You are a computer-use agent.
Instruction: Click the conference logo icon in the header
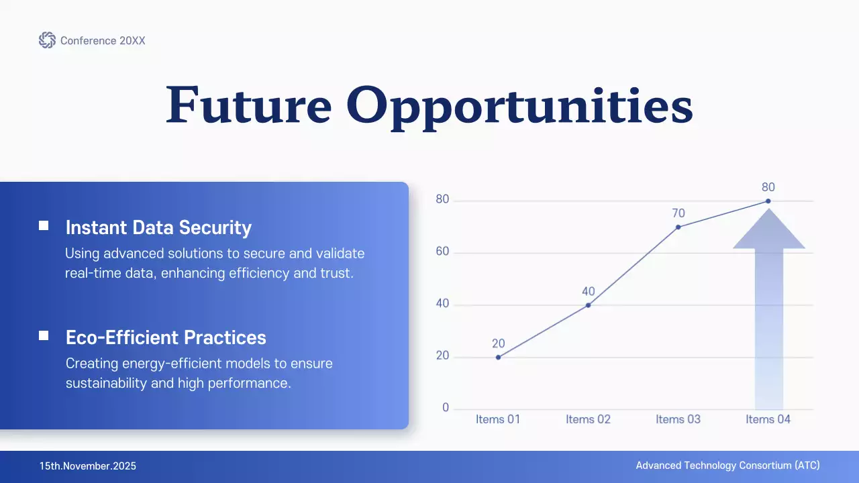[x=47, y=40]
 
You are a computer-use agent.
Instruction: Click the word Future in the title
[x=248, y=105]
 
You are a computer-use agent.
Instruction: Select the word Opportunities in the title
[x=519, y=105]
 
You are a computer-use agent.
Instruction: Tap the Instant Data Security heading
[x=158, y=227]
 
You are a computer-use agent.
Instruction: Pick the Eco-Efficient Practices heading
[x=166, y=337]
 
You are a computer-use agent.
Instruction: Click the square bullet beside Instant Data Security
[x=44, y=226]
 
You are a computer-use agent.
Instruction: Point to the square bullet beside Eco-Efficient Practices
[x=44, y=335]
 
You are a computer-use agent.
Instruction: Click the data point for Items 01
[x=498, y=357]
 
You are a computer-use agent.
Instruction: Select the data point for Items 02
[x=589, y=305]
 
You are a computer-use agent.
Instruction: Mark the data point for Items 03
[x=678, y=227]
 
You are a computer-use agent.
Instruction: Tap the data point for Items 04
[x=768, y=201]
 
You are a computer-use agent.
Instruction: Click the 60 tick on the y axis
[x=442, y=252]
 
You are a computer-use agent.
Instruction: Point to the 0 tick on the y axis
[x=446, y=408]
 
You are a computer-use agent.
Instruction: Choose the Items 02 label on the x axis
[x=588, y=419]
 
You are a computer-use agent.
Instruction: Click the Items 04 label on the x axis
[x=768, y=419]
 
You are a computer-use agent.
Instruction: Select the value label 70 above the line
[x=678, y=213]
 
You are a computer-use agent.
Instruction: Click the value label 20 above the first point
[x=498, y=343]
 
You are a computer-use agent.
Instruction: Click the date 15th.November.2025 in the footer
[x=87, y=466]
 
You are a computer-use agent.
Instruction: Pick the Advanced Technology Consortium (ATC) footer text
[x=727, y=466]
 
